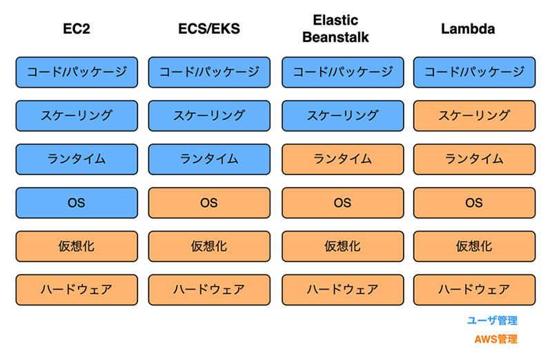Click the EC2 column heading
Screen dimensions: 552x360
[77, 29]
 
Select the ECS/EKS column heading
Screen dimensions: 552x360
[209, 29]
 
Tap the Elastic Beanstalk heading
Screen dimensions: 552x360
[335, 28]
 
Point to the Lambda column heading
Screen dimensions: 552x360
[468, 29]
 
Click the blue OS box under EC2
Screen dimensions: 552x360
[77, 203]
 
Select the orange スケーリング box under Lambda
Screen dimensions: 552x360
[474, 116]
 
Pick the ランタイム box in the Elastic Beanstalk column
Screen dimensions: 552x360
[342, 159]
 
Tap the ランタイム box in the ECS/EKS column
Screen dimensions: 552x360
[209, 159]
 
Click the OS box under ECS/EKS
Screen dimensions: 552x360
[209, 203]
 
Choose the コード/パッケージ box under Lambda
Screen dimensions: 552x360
[474, 72]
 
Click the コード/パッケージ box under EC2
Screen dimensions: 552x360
[77, 72]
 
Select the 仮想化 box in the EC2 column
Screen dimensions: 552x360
[77, 246]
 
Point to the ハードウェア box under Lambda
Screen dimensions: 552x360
[474, 290]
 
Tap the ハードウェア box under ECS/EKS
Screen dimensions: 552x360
[209, 290]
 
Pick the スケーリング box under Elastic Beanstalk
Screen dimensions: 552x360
[342, 116]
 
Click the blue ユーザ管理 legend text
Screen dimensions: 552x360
[492, 321]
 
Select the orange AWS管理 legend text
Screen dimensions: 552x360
[495, 339]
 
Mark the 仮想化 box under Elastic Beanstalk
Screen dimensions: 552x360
[342, 246]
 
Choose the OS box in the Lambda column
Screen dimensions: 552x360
[474, 203]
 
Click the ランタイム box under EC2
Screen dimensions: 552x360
[77, 159]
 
